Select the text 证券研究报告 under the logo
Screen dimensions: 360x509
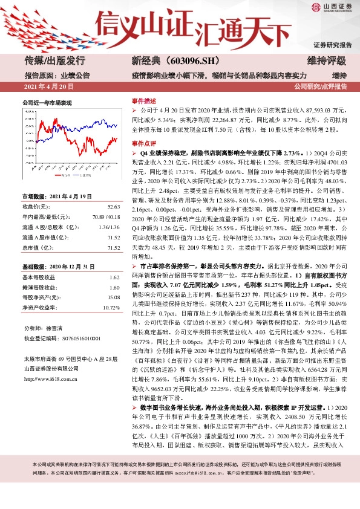pyautogui.click(x=333, y=45)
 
